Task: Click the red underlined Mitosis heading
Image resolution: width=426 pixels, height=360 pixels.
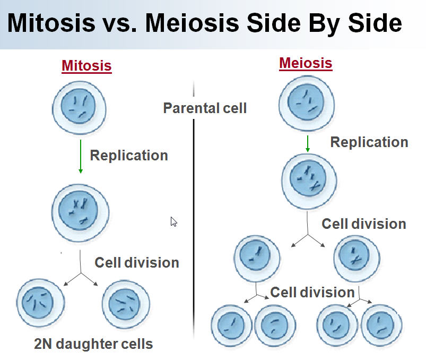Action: (86, 66)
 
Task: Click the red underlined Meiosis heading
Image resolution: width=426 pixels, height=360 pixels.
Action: (306, 64)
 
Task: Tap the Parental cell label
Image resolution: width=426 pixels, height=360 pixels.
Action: (205, 108)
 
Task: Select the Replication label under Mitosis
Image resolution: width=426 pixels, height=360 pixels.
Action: (129, 156)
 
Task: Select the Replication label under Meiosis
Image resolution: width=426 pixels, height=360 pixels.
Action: (369, 142)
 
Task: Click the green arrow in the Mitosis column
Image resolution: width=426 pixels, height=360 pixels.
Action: (81, 156)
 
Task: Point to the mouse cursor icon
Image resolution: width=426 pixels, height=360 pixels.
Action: (173, 221)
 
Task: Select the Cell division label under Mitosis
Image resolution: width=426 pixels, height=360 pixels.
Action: (137, 262)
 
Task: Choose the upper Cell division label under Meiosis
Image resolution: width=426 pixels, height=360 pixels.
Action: (364, 224)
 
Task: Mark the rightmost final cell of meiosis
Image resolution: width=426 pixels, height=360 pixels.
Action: (381, 324)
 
